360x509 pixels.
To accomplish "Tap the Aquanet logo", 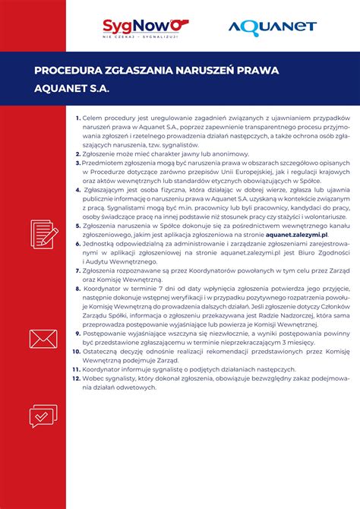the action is tap(272, 28).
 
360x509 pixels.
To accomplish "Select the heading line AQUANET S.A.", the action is tap(71, 88).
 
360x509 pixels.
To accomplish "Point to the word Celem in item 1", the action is tap(92, 119).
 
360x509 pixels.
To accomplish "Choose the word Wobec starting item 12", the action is tap(95, 378).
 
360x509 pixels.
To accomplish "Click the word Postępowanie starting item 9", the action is tap(108, 334).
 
